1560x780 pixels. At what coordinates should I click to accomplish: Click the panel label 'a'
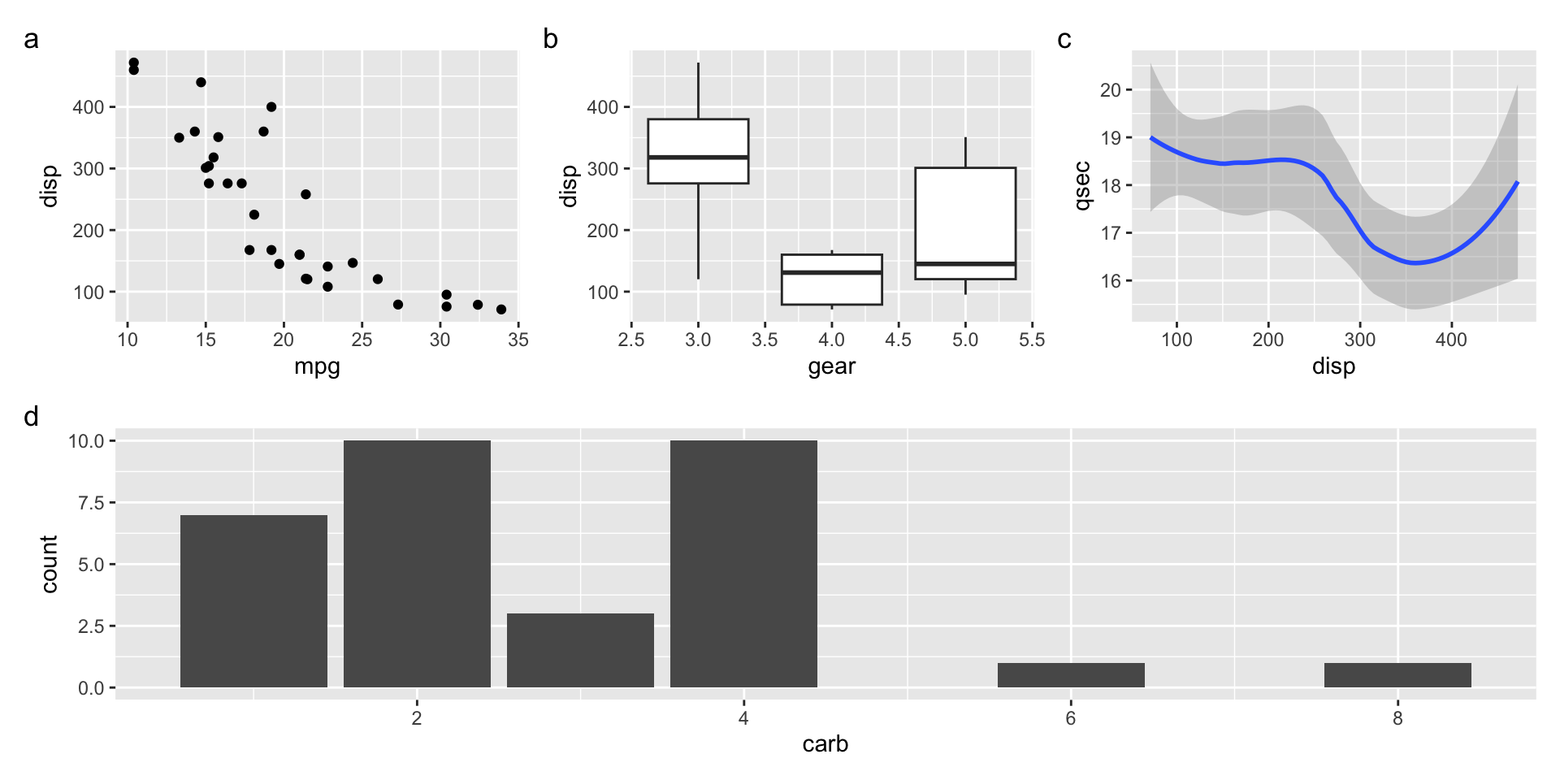[31, 39]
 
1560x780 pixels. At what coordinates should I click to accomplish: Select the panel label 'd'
[31, 417]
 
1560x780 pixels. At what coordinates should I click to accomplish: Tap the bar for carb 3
[580, 650]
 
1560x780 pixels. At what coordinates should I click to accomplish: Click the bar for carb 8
[1397, 675]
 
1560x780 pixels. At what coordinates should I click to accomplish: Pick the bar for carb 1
[253, 601]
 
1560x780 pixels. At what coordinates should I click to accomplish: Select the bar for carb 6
[1071, 675]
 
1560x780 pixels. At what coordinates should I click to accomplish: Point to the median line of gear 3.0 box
[698, 157]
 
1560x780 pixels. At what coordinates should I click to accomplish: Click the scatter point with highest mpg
[501, 310]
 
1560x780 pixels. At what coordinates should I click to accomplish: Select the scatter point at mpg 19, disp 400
[271, 107]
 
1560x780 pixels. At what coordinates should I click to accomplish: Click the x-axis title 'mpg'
[317, 366]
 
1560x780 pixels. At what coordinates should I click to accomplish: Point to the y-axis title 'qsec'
[1081, 186]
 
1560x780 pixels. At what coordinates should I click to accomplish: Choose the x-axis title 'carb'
[825, 743]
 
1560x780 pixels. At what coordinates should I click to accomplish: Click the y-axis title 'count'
[50, 564]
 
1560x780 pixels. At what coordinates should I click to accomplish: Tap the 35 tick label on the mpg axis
[518, 340]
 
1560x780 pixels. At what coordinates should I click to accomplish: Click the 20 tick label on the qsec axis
[1110, 90]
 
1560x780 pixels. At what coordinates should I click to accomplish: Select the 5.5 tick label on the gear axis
[1032, 340]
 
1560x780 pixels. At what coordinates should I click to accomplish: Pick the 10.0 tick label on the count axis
[86, 441]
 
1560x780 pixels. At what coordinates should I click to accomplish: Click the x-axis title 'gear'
[831, 366]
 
